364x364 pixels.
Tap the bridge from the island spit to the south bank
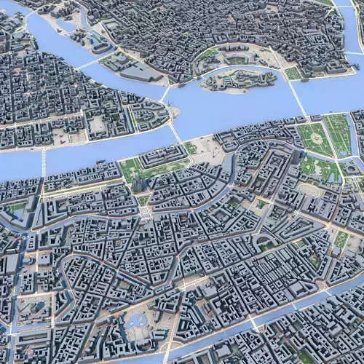pyautogui.click(x=175, y=132)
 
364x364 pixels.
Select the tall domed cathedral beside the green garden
pyautogui.click(x=138, y=183)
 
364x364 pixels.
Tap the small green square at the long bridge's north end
pyautogui.click(x=293, y=74)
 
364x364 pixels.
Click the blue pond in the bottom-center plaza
pyautogui.click(x=135, y=320)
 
